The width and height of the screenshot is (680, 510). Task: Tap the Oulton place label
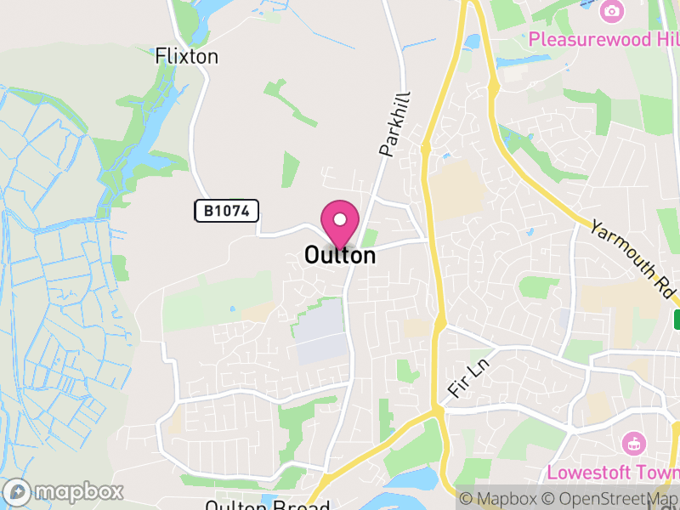(340, 255)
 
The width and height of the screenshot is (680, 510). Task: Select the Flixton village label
(187, 57)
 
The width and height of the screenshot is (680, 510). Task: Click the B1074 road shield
(226, 211)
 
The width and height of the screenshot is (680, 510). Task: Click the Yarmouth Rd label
(634, 260)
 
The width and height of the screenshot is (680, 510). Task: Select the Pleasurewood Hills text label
(603, 39)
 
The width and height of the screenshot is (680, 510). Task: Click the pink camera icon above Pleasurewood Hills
(610, 11)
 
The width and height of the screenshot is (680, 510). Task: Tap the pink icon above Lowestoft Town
(633, 443)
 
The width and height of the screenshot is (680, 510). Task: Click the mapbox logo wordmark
(79, 491)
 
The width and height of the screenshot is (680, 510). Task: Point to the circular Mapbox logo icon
(17, 491)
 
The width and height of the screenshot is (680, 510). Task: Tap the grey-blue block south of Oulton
(321, 332)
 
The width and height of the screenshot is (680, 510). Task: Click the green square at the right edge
(677, 320)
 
